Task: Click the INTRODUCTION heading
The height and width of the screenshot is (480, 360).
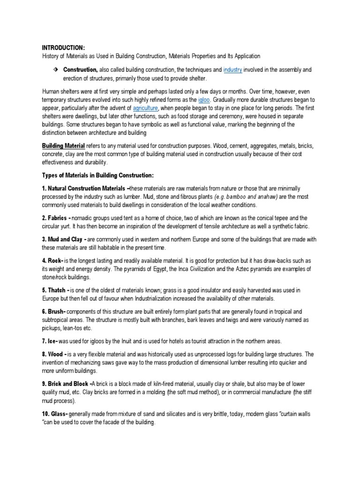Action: (63, 47)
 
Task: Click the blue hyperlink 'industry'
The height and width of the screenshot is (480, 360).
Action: (232, 70)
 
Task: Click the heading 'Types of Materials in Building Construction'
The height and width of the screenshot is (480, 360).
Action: (97, 175)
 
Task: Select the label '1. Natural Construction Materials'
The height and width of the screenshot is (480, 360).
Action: (84, 188)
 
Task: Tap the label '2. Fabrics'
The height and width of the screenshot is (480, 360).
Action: (56, 218)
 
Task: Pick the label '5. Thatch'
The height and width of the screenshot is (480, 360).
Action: (56, 291)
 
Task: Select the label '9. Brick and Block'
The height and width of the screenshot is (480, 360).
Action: (68, 384)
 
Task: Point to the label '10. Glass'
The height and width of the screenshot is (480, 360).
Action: (56, 415)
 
